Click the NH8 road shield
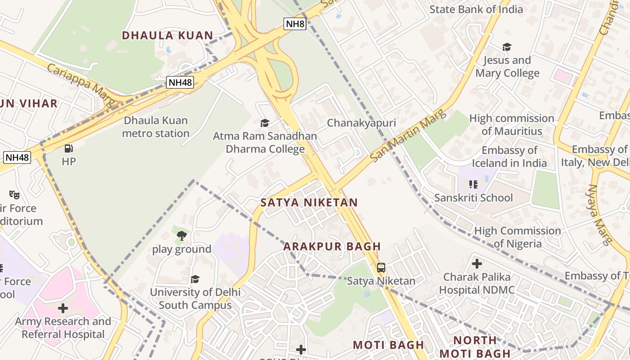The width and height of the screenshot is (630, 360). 295,24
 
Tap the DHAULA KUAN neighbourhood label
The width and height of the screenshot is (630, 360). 167,36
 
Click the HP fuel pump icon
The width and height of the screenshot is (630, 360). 68,148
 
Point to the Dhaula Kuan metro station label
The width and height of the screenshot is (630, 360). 156,127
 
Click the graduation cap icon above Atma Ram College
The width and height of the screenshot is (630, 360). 265,123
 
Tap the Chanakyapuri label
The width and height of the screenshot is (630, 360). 361,123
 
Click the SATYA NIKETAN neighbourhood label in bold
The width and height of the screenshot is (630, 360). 309,202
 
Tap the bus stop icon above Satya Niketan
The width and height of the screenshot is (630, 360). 381,268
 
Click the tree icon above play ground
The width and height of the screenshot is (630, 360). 181,235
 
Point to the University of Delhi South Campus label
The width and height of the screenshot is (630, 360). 195,298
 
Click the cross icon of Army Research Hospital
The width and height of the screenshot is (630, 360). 63,308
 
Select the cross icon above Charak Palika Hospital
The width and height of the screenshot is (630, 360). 477,263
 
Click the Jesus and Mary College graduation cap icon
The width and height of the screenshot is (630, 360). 507,47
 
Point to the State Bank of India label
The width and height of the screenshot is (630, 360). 476,9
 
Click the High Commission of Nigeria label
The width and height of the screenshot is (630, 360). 517,237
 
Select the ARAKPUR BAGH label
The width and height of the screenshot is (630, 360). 332,247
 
